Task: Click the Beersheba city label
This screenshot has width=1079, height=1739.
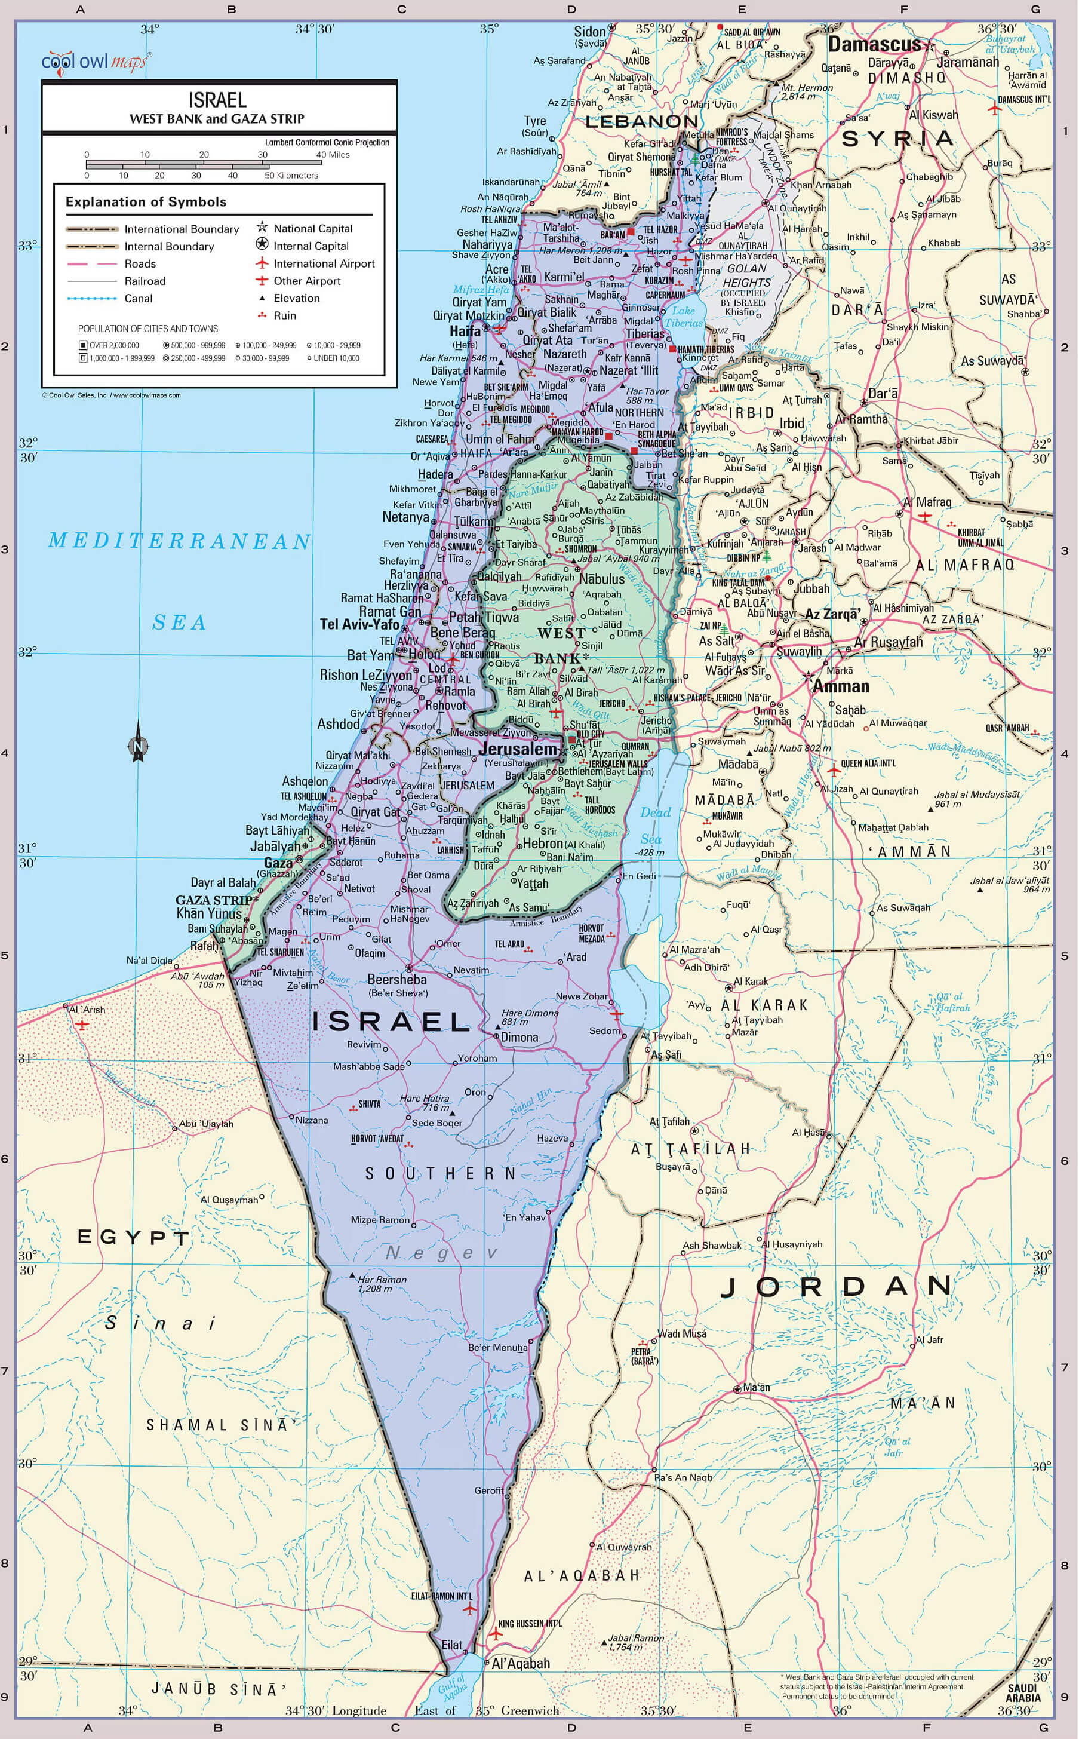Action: click(396, 980)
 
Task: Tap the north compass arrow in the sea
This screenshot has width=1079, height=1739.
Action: click(139, 743)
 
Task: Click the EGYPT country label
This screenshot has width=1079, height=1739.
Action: click(133, 1237)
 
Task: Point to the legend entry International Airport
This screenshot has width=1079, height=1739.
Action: click(323, 263)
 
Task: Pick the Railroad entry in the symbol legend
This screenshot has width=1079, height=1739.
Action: click(145, 281)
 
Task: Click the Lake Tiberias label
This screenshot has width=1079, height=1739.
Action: click(683, 316)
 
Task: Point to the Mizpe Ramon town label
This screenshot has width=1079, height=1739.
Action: click(380, 1219)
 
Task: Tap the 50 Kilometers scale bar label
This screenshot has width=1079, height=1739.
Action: click(291, 176)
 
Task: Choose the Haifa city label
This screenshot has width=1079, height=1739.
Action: click(465, 331)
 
